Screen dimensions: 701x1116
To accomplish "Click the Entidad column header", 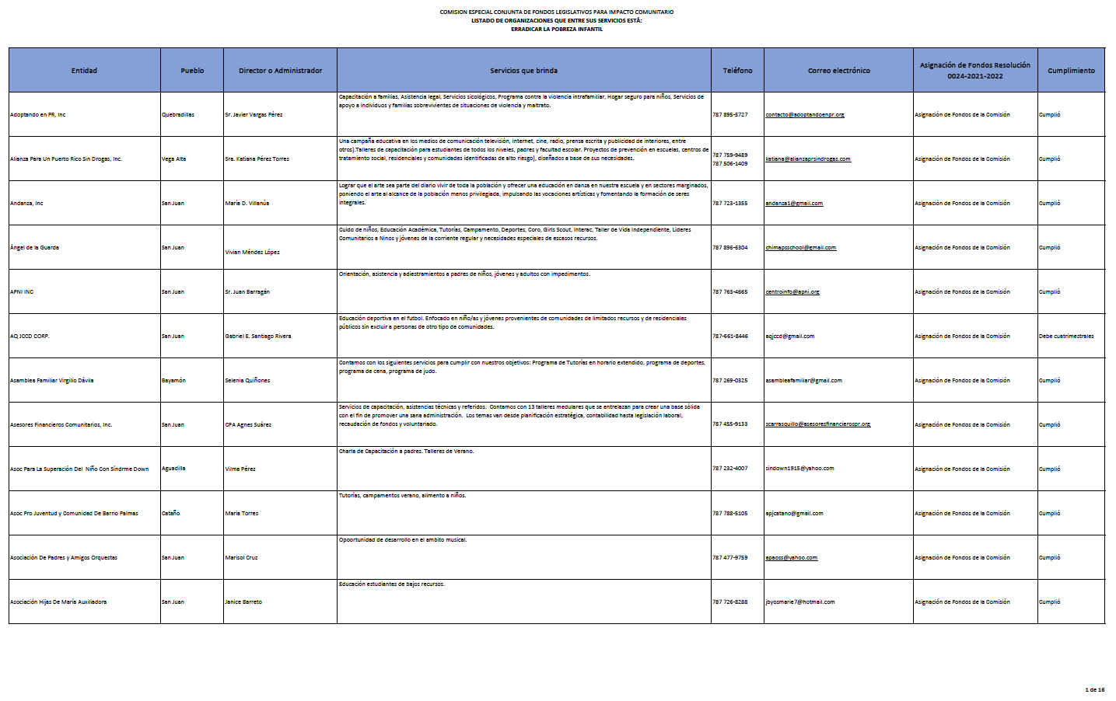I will pyautogui.click(x=84, y=71).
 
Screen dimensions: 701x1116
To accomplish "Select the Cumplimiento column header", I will pyautogui.click(x=1071, y=71).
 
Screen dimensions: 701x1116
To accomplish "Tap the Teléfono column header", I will pyautogui.click(x=737, y=71).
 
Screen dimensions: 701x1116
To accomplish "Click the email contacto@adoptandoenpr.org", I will pyautogui.click(x=804, y=115).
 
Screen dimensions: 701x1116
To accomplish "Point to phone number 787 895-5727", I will pyautogui.click(x=729, y=115).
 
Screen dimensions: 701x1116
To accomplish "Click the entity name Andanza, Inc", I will pyautogui.click(x=26, y=204).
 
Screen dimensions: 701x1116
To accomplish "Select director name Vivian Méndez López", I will pyautogui.click(x=252, y=253).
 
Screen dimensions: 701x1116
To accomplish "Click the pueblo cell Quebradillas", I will pyautogui.click(x=178, y=115).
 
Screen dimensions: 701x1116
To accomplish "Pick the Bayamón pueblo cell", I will pyautogui.click(x=173, y=381).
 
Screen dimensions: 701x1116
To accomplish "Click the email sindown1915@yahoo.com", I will pyautogui.click(x=799, y=469).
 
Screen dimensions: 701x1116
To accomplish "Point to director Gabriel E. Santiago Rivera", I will pyautogui.click(x=257, y=337).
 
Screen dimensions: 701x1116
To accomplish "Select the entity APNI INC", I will pyautogui.click(x=22, y=292).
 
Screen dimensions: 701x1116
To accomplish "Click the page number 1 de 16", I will pyautogui.click(x=1094, y=690).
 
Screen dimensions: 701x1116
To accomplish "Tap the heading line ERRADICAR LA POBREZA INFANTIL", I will pyautogui.click(x=556, y=30).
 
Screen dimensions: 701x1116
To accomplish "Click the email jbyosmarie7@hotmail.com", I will pyautogui.click(x=799, y=602).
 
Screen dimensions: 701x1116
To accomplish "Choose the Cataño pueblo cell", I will pyautogui.click(x=170, y=514).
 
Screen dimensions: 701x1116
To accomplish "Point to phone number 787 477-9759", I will pyautogui.click(x=729, y=558).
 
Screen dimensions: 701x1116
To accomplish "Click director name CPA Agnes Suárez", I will pyautogui.click(x=248, y=425).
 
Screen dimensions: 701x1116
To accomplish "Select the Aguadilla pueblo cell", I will pyautogui.click(x=173, y=469).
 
